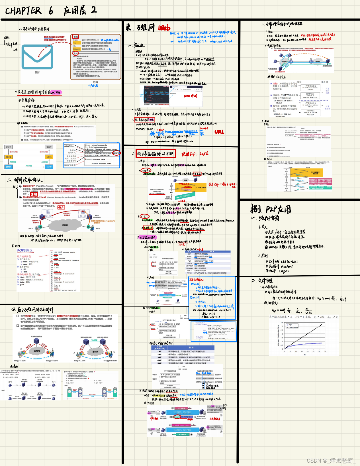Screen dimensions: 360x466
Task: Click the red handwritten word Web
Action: tap(164, 28)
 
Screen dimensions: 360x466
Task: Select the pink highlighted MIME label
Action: tap(56, 92)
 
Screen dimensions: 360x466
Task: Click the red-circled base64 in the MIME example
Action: tap(116, 153)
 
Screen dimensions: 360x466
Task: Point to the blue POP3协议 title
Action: tap(25, 250)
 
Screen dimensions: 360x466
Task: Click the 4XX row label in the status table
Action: tap(159, 360)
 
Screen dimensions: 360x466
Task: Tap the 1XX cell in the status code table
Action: tap(159, 351)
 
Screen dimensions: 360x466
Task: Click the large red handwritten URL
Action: tap(219, 132)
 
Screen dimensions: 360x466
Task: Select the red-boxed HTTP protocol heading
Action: tap(156, 154)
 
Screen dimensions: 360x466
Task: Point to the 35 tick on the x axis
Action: tap(325, 351)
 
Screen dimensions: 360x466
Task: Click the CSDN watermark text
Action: tap(331, 460)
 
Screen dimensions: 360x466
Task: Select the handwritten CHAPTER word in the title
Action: tap(23, 11)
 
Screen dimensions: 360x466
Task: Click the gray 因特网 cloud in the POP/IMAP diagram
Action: tap(65, 225)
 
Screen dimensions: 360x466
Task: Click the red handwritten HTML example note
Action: tap(190, 96)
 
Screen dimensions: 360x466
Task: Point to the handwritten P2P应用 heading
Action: tap(271, 209)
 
